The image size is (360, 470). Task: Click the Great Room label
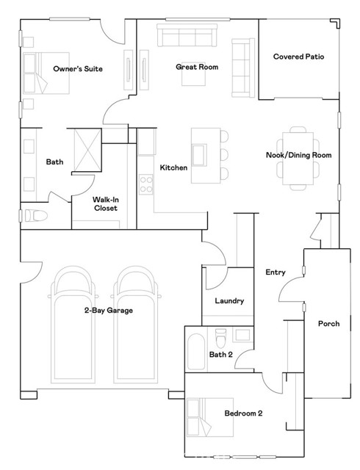pyautogui.click(x=197, y=67)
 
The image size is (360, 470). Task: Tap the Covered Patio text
pyautogui.click(x=298, y=57)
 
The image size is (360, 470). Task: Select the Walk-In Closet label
pyautogui.click(x=105, y=203)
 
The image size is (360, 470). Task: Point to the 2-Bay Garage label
pyautogui.click(x=109, y=310)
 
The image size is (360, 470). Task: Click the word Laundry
pyautogui.click(x=229, y=300)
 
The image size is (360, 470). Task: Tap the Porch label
pyautogui.click(x=329, y=323)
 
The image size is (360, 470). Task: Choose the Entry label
pyautogui.click(x=276, y=272)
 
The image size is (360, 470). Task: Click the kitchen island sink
pyautogui.click(x=200, y=155)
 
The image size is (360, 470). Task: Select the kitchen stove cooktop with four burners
pyautogui.click(x=146, y=184)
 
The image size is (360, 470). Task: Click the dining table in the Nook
pyautogui.click(x=298, y=159)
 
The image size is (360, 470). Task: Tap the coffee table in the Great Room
pyautogui.click(x=193, y=74)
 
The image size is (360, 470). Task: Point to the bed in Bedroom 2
pyautogui.click(x=210, y=417)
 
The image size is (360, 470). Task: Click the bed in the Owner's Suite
pyautogui.click(x=46, y=73)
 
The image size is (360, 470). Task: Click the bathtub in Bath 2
pyautogui.click(x=196, y=352)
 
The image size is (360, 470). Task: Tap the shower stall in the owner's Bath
pyautogui.click(x=87, y=150)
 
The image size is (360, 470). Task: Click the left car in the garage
pyautogui.click(x=73, y=325)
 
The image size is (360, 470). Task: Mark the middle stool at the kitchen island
pyautogui.click(x=224, y=155)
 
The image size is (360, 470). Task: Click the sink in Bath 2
pyautogui.click(x=242, y=335)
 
